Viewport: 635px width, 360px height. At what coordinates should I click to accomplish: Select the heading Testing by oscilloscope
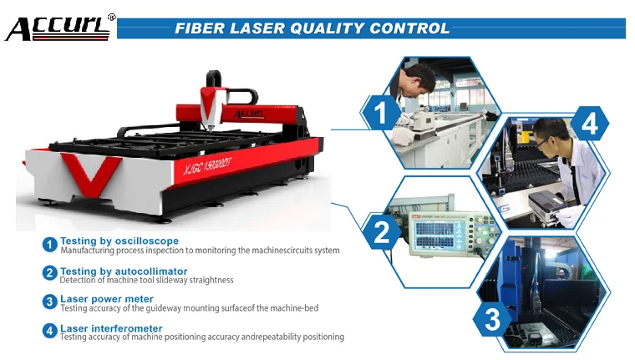coord(119,241)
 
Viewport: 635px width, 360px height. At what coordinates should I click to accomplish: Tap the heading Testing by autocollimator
coord(124,271)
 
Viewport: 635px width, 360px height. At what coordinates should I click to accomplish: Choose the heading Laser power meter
coord(107,299)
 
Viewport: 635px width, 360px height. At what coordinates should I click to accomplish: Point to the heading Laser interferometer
coord(111,328)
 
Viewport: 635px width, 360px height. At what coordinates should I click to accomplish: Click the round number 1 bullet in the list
coord(50,245)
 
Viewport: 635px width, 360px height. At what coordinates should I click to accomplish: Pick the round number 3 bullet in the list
coord(50,302)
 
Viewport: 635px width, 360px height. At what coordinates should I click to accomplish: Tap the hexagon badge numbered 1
coord(380,113)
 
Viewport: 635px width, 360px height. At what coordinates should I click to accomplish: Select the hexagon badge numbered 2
coord(381,232)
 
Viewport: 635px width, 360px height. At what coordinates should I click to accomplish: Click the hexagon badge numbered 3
coord(492,319)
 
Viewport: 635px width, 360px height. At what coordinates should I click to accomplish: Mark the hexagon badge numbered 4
coord(589,124)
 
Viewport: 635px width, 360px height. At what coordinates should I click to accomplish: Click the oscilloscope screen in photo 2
coord(434,235)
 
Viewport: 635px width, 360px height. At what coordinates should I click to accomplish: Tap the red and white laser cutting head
coord(211,106)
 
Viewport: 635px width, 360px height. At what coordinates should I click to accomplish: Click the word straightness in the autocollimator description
coord(211,280)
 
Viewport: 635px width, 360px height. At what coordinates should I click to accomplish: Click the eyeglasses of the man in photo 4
coord(541,141)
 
